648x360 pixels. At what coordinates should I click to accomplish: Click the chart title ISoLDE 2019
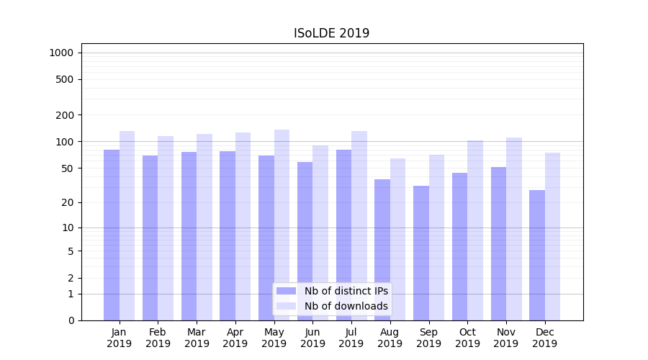click(331, 33)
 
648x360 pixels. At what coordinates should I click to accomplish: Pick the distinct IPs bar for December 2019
click(537, 255)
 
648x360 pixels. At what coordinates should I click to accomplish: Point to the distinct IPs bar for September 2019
click(421, 253)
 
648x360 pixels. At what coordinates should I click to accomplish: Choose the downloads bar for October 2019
click(475, 230)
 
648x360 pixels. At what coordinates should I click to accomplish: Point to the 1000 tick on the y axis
click(61, 53)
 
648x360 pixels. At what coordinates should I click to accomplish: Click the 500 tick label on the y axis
click(65, 79)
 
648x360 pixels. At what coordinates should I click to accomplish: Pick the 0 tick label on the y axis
click(71, 320)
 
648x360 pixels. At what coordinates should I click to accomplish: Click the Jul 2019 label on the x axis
click(351, 338)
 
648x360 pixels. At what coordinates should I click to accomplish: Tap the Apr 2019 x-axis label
click(235, 338)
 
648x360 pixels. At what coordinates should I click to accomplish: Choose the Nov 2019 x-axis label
click(506, 338)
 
